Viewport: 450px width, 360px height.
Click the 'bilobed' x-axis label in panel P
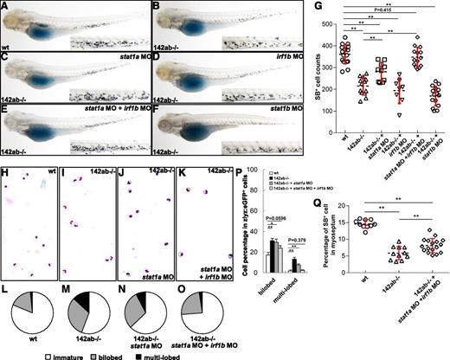[331, 281]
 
